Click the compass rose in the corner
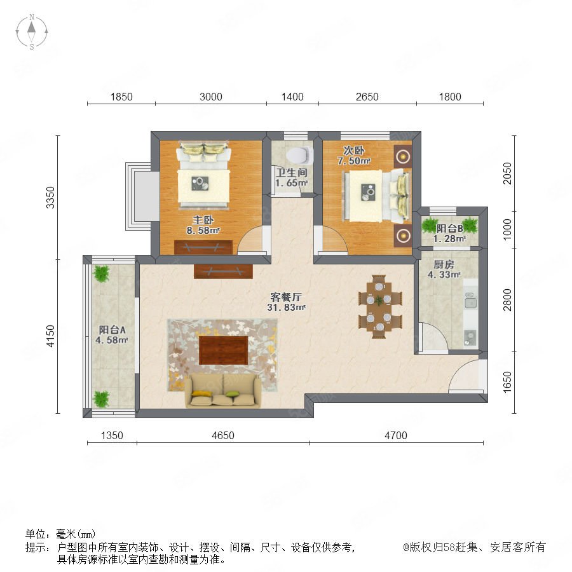coord(32,31)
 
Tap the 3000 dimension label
coord(211,97)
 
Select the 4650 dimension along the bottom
coord(223,435)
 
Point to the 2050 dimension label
coord(507,174)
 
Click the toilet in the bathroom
coord(300,154)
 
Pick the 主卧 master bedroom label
coord(203,220)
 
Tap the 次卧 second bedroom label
coord(353,150)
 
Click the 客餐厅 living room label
coord(286,297)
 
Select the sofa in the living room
coord(222,391)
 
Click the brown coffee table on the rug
coord(223,350)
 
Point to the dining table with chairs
coord(380,306)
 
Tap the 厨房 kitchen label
coord(444,264)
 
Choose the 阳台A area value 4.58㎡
coord(111,340)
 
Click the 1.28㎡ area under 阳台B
coord(449,238)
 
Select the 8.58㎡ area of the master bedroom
coord(203,230)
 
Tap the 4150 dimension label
coord(50,336)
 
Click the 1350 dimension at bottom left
coord(112,435)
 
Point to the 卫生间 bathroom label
coord(292,172)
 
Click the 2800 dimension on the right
coord(507,300)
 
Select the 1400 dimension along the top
coord(292,97)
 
